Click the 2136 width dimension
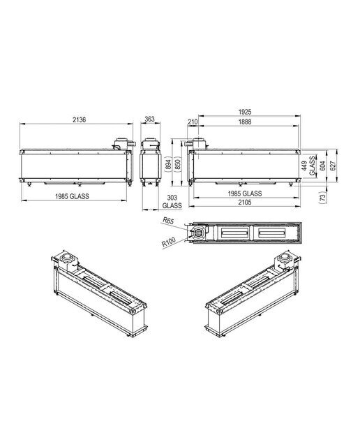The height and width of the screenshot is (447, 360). (x=79, y=119)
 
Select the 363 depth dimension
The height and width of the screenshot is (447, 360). (x=149, y=119)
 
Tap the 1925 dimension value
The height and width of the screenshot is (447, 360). (x=245, y=112)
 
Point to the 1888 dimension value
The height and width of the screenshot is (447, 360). (x=245, y=122)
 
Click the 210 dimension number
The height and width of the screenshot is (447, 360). (x=193, y=122)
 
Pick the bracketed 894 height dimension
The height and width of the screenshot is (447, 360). (x=169, y=165)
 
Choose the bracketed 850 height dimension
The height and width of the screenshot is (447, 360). (x=177, y=165)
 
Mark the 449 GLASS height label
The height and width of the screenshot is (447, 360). (x=308, y=166)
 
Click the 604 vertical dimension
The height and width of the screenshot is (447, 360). (x=323, y=166)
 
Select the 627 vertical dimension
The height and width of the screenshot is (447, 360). (x=333, y=166)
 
